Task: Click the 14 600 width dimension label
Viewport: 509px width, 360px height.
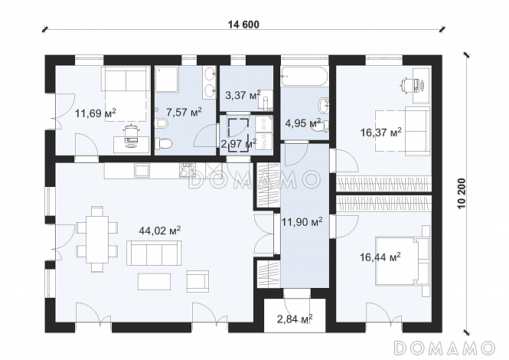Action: [x=244, y=25]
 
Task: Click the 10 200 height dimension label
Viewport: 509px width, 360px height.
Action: [x=462, y=194]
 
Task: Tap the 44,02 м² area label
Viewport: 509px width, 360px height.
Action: [x=160, y=231]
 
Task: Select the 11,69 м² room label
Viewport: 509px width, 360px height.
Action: [x=96, y=113]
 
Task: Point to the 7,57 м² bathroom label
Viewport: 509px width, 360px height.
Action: [x=184, y=112]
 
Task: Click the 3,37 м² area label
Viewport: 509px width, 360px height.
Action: [x=243, y=96]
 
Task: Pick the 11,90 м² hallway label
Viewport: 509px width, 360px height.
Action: [x=302, y=222]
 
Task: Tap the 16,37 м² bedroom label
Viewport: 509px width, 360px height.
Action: [x=380, y=133]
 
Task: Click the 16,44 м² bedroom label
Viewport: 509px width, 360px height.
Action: [x=380, y=257]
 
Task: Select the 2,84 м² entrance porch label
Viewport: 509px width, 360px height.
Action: [x=295, y=319]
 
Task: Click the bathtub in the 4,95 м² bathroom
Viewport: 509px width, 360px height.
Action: [x=305, y=77]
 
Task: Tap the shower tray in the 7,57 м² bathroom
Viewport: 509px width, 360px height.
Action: [x=167, y=79]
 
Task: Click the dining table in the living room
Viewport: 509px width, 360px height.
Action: [x=96, y=240]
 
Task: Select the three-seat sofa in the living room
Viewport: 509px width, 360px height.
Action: [x=154, y=253]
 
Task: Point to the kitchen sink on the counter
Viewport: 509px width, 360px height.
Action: [x=142, y=170]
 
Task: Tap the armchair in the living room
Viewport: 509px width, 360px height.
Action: [x=197, y=281]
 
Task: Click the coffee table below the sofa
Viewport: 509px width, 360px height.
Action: [x=154, y=281]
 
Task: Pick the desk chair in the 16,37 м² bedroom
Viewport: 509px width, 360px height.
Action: [x=406, y=85]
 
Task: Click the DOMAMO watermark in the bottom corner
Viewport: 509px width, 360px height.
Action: [x=444, y=348]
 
